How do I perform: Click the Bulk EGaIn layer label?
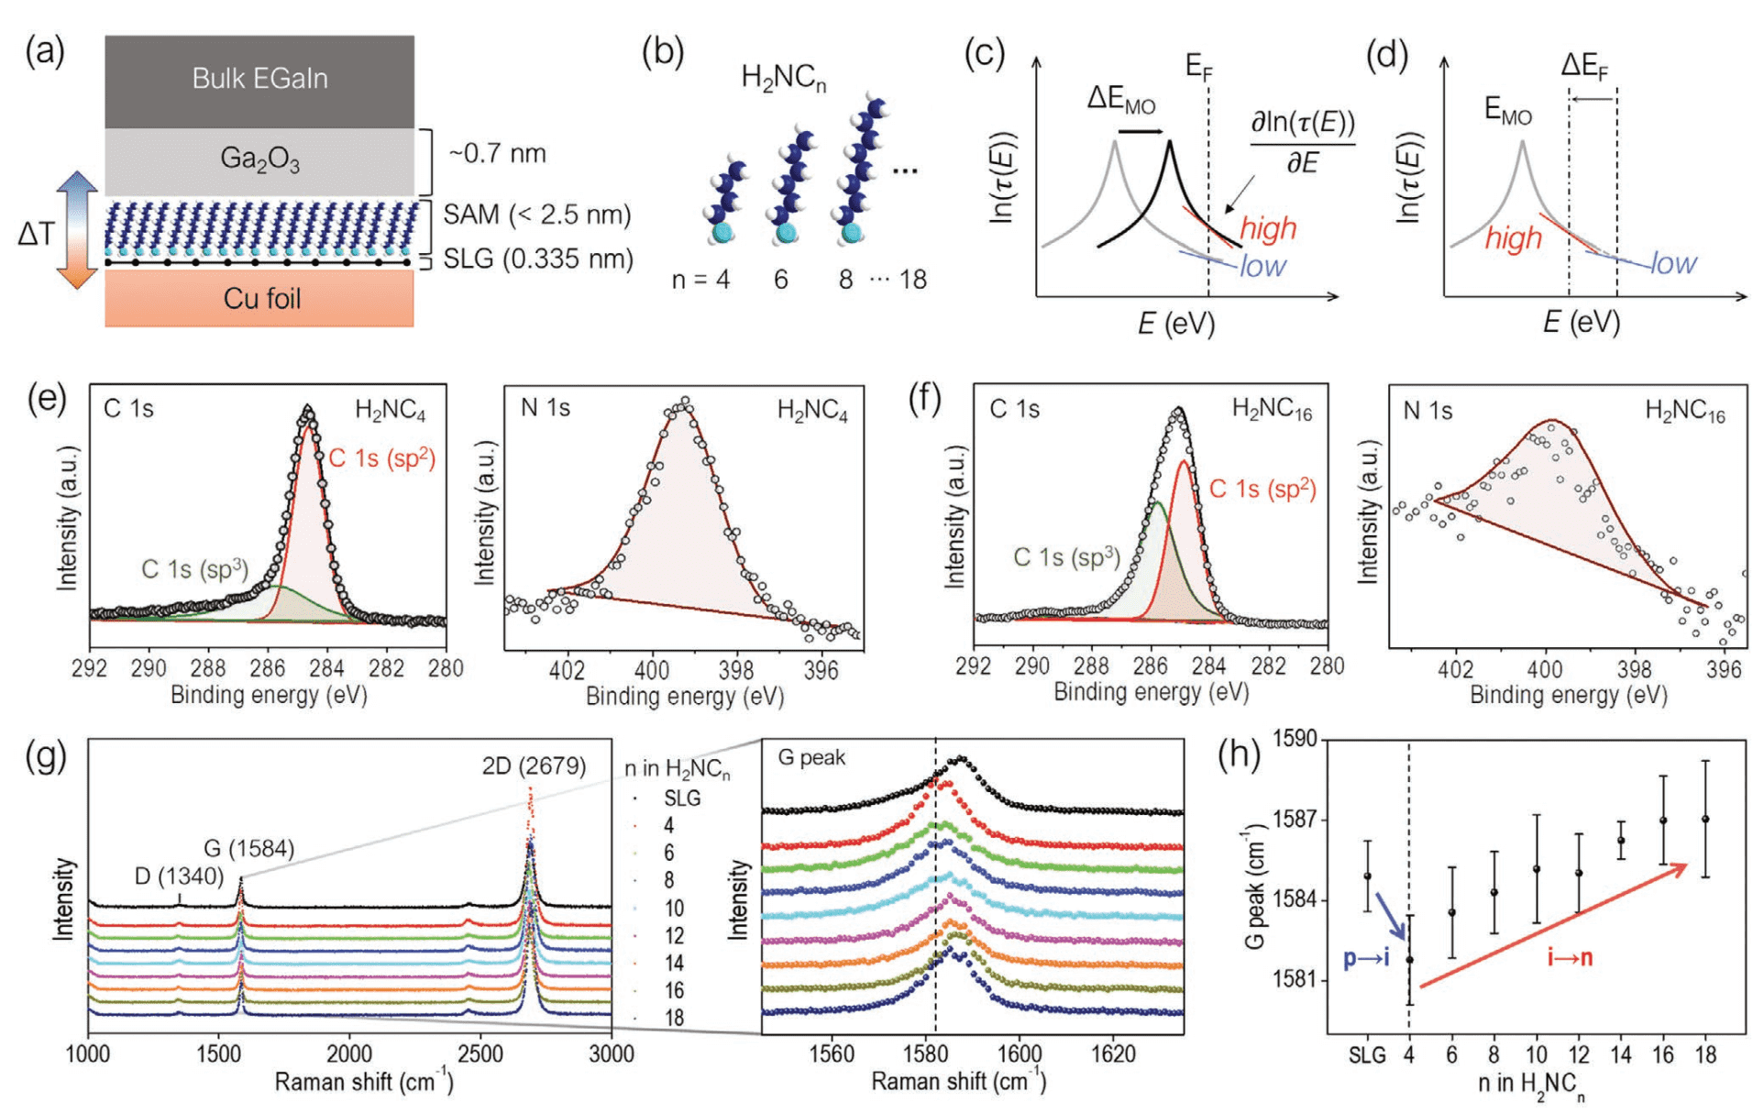pos(259,79)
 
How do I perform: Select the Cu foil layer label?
pos(261,299)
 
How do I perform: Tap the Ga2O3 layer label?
pos(259,160)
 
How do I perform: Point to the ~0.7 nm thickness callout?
pos(497,153)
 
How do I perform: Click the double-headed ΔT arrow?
pos(77,230)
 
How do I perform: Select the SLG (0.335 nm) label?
pos(538,259)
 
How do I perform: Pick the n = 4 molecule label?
pos(700,280)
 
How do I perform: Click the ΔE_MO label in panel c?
pos(1120,99)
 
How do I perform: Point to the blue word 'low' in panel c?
pos(1262,267)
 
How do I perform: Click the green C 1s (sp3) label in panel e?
pos(194,569)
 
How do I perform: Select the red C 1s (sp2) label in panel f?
pos(1262,490)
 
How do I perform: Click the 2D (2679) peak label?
pos(534,766)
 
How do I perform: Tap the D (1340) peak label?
pos(179,876)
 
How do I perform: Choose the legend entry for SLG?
pos(682,798)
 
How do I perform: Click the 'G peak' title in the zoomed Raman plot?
pos(811,758)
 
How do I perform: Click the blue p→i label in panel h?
pos(1366,959)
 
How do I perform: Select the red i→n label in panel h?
pos(1570,959)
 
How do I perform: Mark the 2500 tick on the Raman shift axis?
pos(480,1054)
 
